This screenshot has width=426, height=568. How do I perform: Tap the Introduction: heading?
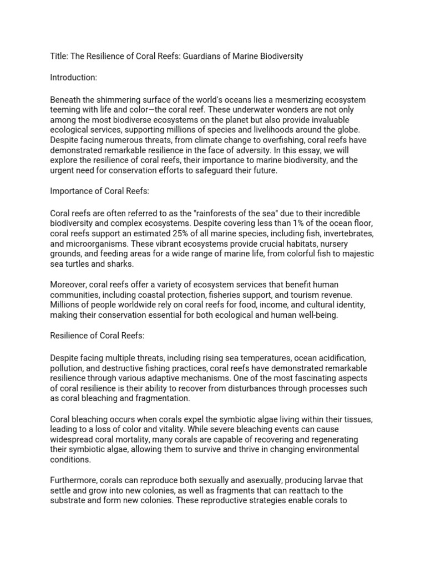(74, 78)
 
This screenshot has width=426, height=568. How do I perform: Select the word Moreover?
(68, 285)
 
